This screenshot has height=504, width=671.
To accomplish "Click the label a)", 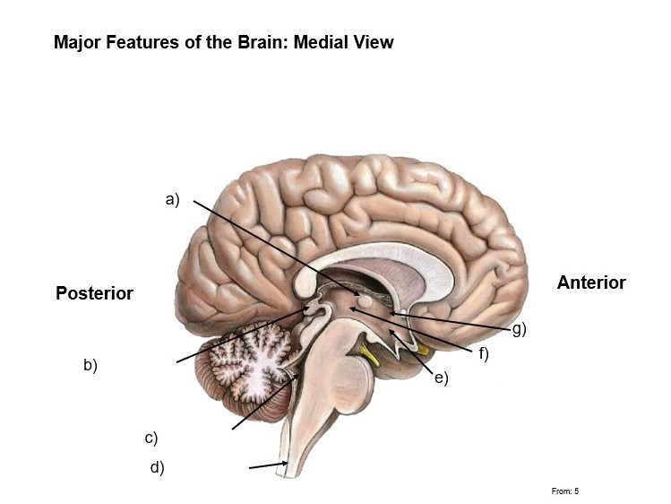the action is (173, 200).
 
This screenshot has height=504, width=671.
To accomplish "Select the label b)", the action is (90, 365).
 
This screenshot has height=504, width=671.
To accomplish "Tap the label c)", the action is (151, 439).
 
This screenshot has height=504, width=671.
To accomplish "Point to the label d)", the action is (157, 467).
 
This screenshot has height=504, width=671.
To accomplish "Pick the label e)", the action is (441, 378).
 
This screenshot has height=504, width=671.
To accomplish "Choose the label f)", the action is (483, 354).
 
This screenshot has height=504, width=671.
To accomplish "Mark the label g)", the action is (519, 329).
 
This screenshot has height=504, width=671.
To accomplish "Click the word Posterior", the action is (94, 293).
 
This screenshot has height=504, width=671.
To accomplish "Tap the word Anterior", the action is (591, 282).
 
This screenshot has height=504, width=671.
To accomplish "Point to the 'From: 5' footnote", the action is (565, 491).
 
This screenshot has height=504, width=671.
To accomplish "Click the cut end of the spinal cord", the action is (285, 469).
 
